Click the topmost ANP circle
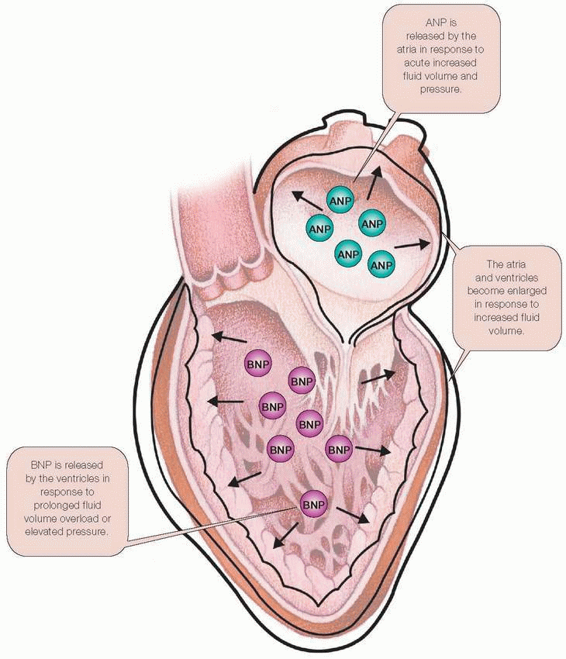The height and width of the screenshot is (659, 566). [340, 202]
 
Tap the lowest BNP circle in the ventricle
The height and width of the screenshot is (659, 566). [313, 505]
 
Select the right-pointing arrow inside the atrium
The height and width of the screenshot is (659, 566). [411, 245]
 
